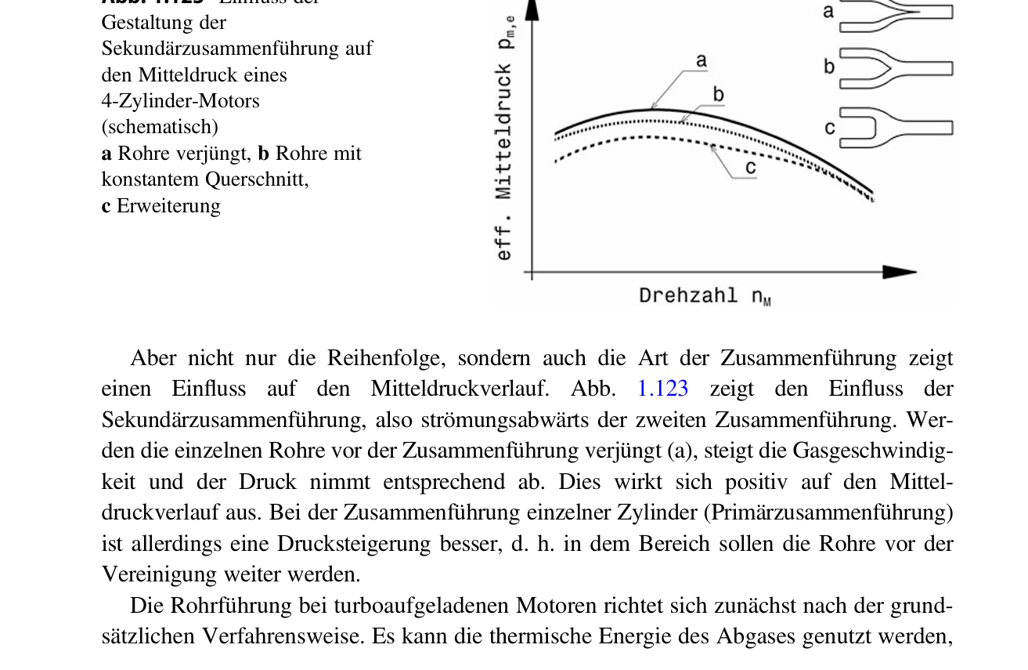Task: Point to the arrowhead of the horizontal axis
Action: coord(900,272)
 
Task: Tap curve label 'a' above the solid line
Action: coord(702,60)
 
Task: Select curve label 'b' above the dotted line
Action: coord(719,95)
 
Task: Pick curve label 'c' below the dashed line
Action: coord(750,168)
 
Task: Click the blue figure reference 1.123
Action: coord(662,389)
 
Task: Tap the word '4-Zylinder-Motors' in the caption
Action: coord(180,101)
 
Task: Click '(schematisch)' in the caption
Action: coord(160,127)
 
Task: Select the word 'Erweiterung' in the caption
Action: coord(168,206)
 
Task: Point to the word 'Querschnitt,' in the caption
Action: coord(257,179)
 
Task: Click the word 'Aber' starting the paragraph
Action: coord(153,358)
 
